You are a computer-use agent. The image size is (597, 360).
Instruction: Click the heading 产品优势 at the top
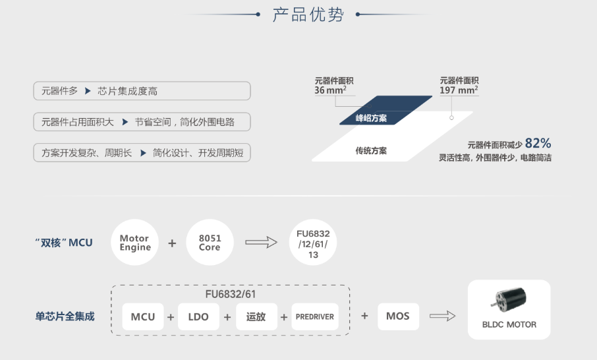(x=308, y=15)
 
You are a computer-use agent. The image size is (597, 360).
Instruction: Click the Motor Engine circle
(x=135, y=243)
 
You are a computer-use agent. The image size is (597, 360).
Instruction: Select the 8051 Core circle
(x=210, y=243)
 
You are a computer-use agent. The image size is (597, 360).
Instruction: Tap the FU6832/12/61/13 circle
(x=313, y=242)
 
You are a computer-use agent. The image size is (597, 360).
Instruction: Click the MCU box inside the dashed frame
(x=143, y=316)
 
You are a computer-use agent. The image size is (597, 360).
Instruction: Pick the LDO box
(x=198, y=316)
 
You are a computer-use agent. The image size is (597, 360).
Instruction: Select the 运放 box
(x=256, y=316)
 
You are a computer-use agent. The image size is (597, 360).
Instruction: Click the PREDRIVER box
(x=314, y=316)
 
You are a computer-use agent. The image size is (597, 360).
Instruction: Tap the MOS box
(x=398, y=316)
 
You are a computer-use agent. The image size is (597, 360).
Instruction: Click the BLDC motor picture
(x=509, y=304)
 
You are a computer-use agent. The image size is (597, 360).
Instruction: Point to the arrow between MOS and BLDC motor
(x=442, y=316)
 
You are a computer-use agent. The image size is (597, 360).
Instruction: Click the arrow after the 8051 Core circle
(x=261, y=243)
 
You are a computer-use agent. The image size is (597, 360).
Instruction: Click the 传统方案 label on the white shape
(x=371, y=150)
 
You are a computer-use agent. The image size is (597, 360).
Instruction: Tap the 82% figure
(x=538, y=143)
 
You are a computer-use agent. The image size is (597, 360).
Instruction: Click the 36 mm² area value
(x=331, y=90)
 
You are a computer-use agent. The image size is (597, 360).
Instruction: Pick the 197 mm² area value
(x=459, y=90)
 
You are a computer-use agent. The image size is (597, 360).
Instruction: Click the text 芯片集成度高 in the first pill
(x=128, y=91)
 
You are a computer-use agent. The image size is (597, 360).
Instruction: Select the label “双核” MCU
(x=63, y=243)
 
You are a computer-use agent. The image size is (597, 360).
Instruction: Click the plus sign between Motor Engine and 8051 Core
(x=172, y=243)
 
